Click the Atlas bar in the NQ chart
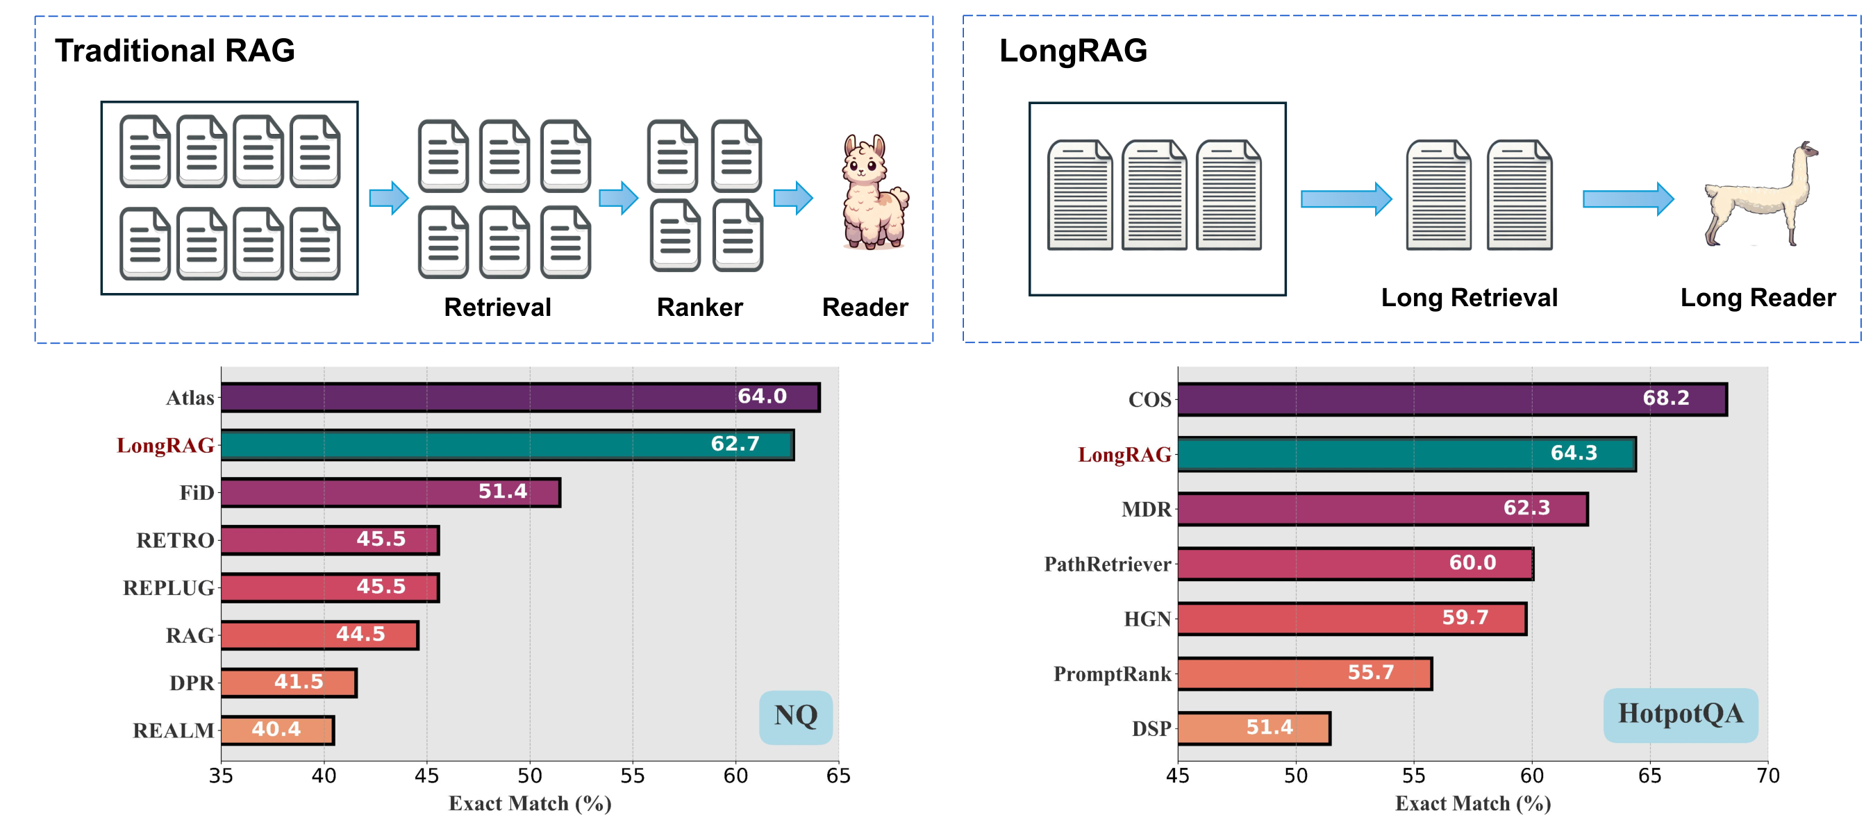tap(520, 398)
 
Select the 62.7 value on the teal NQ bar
tap(734, 444)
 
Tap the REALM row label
tap(173, 730)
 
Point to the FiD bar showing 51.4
tap(390, 492)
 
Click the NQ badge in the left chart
tap(795, 717)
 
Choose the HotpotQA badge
tap(1680, 714)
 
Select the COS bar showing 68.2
tap(1451, 399)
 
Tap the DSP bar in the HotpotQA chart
tap(1254, 728)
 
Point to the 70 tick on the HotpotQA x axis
tap(1767, 776)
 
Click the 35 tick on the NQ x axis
tap(221, 776)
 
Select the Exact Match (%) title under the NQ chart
tap(529, 803)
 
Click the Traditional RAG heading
tap(174, 51)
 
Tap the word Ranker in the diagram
tap(699, 308)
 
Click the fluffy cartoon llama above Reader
tap(874, 192)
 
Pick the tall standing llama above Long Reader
tap(1760, 195)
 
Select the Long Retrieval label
tap(1469, 298)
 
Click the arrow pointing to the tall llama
tap(1627, 199)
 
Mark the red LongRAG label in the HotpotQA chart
tap(1124, 455)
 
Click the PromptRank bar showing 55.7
tap(1304, 673)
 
